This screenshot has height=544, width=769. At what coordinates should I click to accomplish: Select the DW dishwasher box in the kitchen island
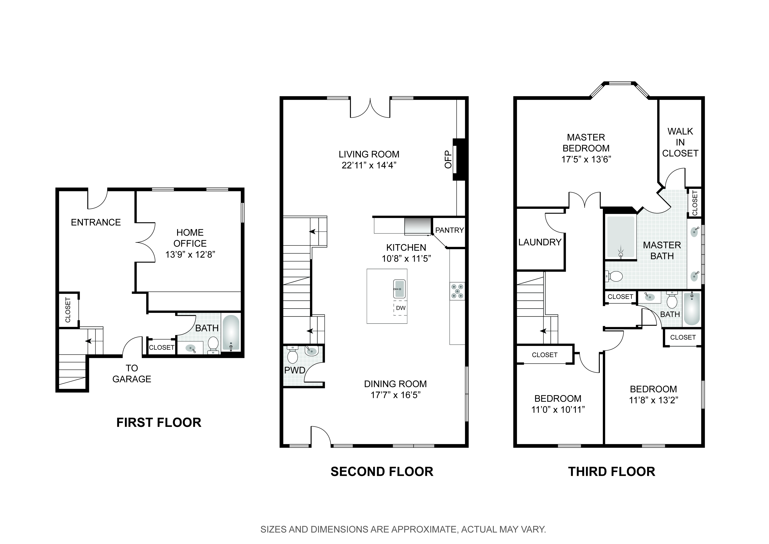[401, 308]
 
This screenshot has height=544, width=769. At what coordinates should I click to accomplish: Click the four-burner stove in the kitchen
[457, 291]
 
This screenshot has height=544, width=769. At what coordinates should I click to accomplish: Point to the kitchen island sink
[399, 289]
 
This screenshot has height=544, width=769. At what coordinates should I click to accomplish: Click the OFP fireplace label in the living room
[448, 159]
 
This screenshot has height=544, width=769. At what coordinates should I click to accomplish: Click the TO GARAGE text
[132, 373]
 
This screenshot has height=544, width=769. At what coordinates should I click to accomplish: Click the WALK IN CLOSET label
[680, 142]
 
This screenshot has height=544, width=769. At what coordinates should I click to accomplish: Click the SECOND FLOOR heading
[382, 472]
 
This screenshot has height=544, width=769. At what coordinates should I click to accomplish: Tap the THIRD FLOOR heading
[612, 472]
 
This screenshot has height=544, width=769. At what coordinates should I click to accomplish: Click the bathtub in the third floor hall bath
[691, 309]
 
